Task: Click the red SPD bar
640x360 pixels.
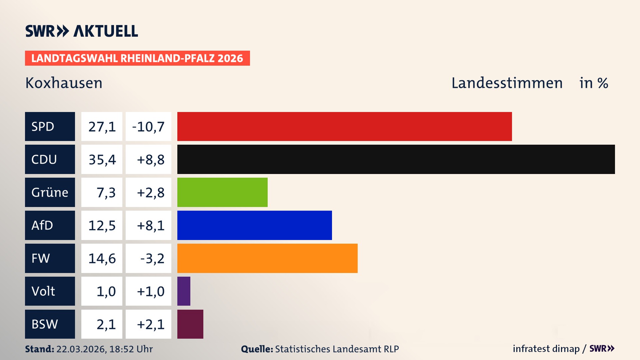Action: (x=344, y=126)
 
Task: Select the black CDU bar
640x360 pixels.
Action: (x=396, y=159)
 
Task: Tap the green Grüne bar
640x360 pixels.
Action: (x=222, y=192)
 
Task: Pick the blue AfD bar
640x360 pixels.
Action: (x=254, y=225)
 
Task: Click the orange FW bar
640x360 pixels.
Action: (x=267, y=258)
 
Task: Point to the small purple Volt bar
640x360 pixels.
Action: (x=184, y=291)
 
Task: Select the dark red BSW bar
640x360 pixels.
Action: (x=190, y=324)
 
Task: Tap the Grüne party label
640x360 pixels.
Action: (x=50, y=192)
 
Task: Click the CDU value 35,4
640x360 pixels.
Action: (x=102, y=160)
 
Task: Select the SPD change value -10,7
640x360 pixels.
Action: (x=148, y=127)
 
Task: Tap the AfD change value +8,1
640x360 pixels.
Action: (x=150, y=226)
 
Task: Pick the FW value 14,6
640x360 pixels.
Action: (x=102, y=258)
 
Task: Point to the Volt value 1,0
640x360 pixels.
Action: (x=106, y=291)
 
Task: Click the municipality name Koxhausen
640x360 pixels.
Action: (x=64, y=83)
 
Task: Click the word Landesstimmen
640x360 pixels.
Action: (x=507, y=83)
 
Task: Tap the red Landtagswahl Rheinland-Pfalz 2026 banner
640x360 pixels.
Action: (x=137, y=58)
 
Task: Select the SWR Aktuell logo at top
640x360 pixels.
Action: (x=81, y=31)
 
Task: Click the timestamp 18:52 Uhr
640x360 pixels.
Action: (x=131, y=349)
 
